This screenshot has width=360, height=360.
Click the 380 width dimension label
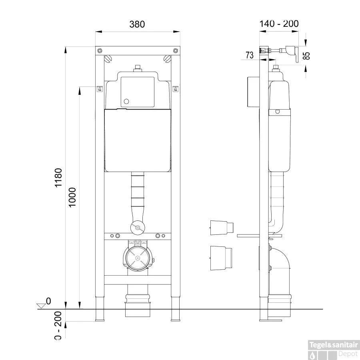point(137,24)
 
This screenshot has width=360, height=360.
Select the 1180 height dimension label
point(58,178)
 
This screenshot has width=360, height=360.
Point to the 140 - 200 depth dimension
point(279,24)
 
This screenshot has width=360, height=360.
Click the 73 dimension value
point(249,56)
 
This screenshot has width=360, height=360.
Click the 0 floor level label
point(48,301)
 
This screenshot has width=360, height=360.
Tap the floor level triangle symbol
point(41,306)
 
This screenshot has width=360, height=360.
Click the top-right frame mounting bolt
point(175,50)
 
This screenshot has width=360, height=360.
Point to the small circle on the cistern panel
point(126,102)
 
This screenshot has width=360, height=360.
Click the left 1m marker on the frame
point(100,89)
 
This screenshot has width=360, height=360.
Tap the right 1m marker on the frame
point(175,89)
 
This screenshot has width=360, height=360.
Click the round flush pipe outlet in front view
point(137,228)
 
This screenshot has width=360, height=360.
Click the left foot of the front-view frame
point(100,314)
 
